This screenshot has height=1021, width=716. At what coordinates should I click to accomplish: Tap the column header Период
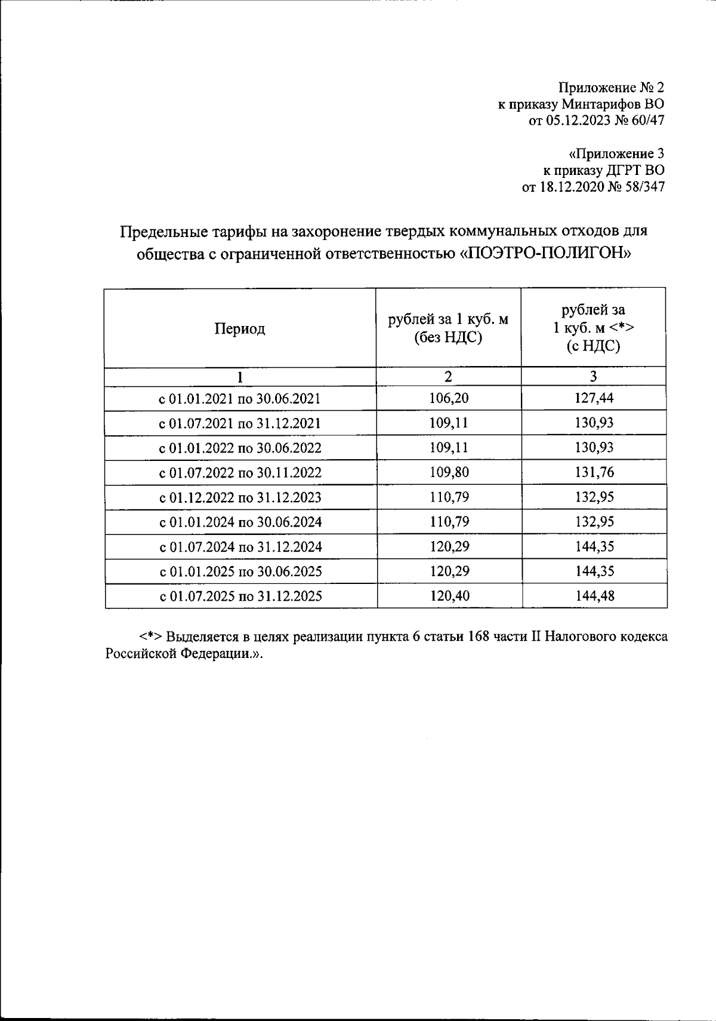pyautogui.click(x=240, y=329)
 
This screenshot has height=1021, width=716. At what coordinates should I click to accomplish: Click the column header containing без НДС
pyautogui.click(x=448, y=328)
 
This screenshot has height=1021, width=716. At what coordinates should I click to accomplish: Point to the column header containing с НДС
pyautogui.click(x=593, y=328)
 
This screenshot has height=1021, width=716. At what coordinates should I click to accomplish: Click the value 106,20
pyautogui.click(x=448, y=398)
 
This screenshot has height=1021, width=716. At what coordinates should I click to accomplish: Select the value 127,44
pyautogui.click(x=594, y=398)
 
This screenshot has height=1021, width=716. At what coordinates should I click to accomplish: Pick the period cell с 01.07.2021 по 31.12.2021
pyautogui.click(x=240, y=423)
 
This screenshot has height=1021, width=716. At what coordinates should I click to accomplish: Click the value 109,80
pyautogui.click(x=448, y=473)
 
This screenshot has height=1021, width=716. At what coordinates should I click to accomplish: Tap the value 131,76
pyautogui.click(x=594, y=473)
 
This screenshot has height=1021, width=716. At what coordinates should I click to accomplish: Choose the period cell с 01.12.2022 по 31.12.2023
pyautogui.click(x=240, y=497)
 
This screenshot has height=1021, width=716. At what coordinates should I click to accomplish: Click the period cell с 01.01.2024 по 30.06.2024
pyautogui.click(x=240, y=522)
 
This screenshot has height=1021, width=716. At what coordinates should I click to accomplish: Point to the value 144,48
pyautogui.click(x=594, y=596)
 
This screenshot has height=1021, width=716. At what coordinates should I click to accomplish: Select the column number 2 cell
pyautogui.click(x=448, y=376)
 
